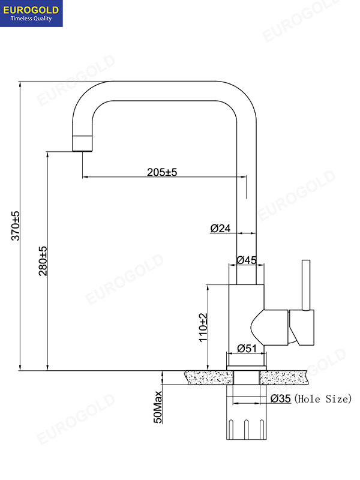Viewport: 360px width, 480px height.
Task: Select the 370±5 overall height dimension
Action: click(x=16, y=226)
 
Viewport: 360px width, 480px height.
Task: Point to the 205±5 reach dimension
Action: click(x=162, y=172)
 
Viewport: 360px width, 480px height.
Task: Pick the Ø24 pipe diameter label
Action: click(x=221, y=228)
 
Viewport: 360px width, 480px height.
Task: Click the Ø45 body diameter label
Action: click(x=247, y=260)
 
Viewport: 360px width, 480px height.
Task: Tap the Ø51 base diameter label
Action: click(x=247, y=349)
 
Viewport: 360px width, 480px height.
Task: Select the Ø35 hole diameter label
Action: click(x=280, y=398)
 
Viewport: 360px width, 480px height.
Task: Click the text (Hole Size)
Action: click(x=323, y=398)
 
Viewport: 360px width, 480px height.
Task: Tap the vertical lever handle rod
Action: click(x=306, y=286)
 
